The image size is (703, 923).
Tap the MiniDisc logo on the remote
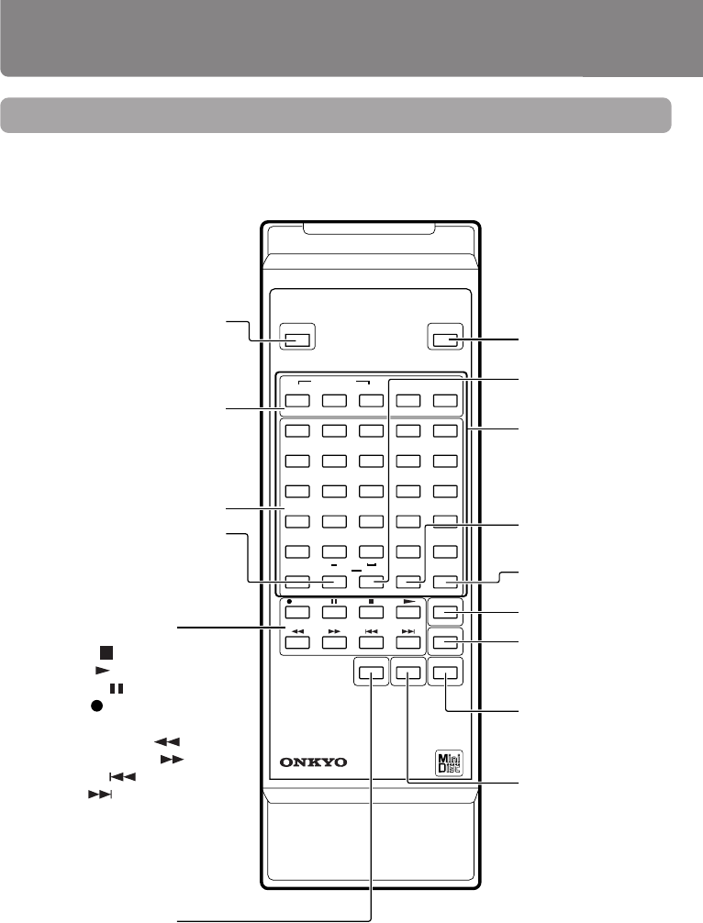(x=445, y=763)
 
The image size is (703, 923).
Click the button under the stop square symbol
(x=372, y=611)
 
